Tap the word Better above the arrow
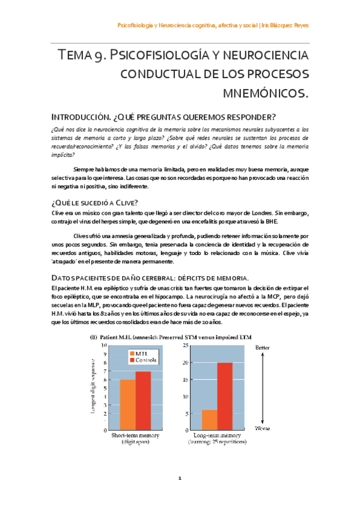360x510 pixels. [263, 348]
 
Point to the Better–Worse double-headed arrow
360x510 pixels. [263, 389]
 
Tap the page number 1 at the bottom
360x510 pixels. [180, 479]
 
